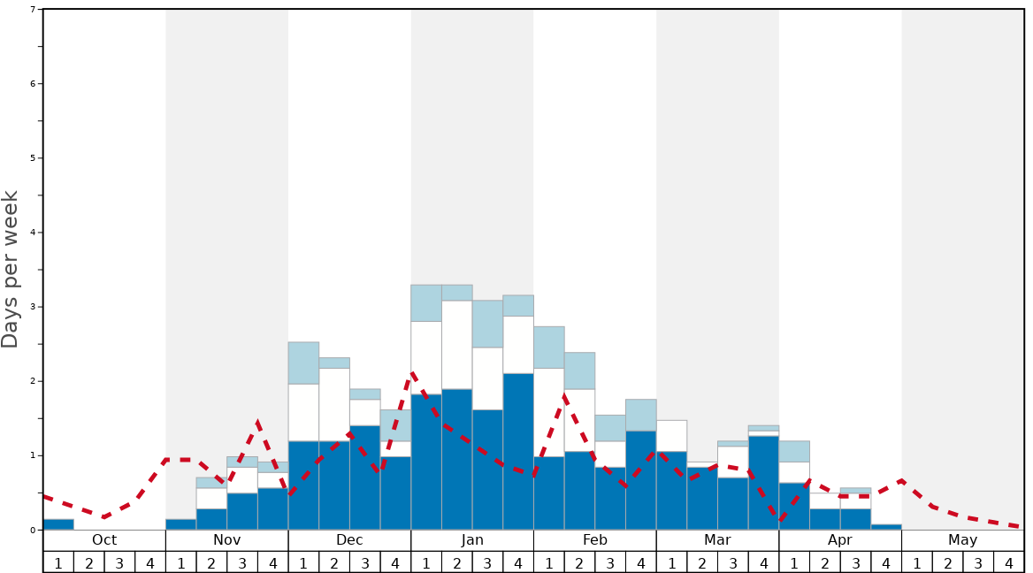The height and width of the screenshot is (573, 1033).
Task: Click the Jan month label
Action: (x=472, y=540)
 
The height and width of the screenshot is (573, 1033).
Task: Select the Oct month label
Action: (x=104, y=540)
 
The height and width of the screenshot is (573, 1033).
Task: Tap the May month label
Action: (x=962, y=540)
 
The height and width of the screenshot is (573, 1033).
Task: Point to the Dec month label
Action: (x=349, y=540)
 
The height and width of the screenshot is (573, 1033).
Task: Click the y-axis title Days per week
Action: (x=11, y=270)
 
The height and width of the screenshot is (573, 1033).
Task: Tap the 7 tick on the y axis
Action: (x=33, y=10)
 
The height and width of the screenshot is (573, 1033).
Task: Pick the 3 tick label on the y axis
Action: (x=33, y=307)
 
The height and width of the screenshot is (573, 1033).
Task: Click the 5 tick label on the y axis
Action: (x=33, y=158)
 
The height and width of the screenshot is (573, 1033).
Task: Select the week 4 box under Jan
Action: (x=518, y=562)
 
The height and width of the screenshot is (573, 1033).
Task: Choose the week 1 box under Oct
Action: (x=58, y=562)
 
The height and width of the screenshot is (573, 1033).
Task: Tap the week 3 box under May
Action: (x=978, y=562)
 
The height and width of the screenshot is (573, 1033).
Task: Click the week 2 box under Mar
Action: (x=702, y=562)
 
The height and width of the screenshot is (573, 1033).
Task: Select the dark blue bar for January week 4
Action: (x=518, y=451)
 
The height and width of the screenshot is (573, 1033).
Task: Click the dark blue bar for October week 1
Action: (x=58, y=524)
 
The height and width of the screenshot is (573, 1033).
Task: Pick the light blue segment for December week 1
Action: (x=303, y=363)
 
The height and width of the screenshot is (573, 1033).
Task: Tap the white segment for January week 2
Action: (x=456, y=345)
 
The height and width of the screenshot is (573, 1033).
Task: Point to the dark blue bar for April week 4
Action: (x=886, y=527)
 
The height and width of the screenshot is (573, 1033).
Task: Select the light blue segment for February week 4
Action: (x=640, y=415)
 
